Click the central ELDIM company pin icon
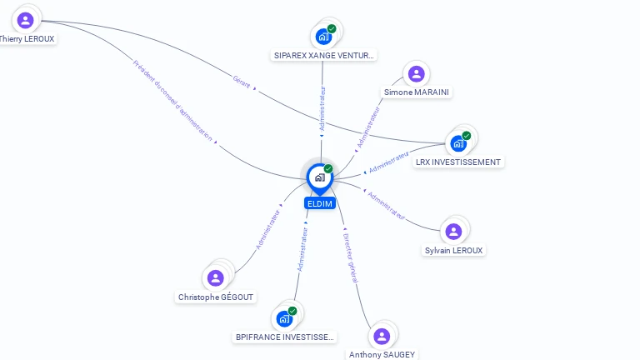319,177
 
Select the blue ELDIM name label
320,203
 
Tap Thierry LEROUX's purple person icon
25,20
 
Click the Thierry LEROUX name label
27,38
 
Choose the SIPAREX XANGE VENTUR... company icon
323,37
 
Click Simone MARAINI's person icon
417,73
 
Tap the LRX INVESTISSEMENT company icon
458,143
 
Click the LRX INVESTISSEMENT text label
459,162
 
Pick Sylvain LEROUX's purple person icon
453,232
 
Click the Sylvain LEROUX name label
453,250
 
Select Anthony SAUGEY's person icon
382,336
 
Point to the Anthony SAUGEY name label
382,354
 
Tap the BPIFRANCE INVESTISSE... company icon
284,318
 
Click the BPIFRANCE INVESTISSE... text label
285,337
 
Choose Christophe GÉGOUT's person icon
216,278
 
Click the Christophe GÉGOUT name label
217,297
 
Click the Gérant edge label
242,82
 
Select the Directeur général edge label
350,258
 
